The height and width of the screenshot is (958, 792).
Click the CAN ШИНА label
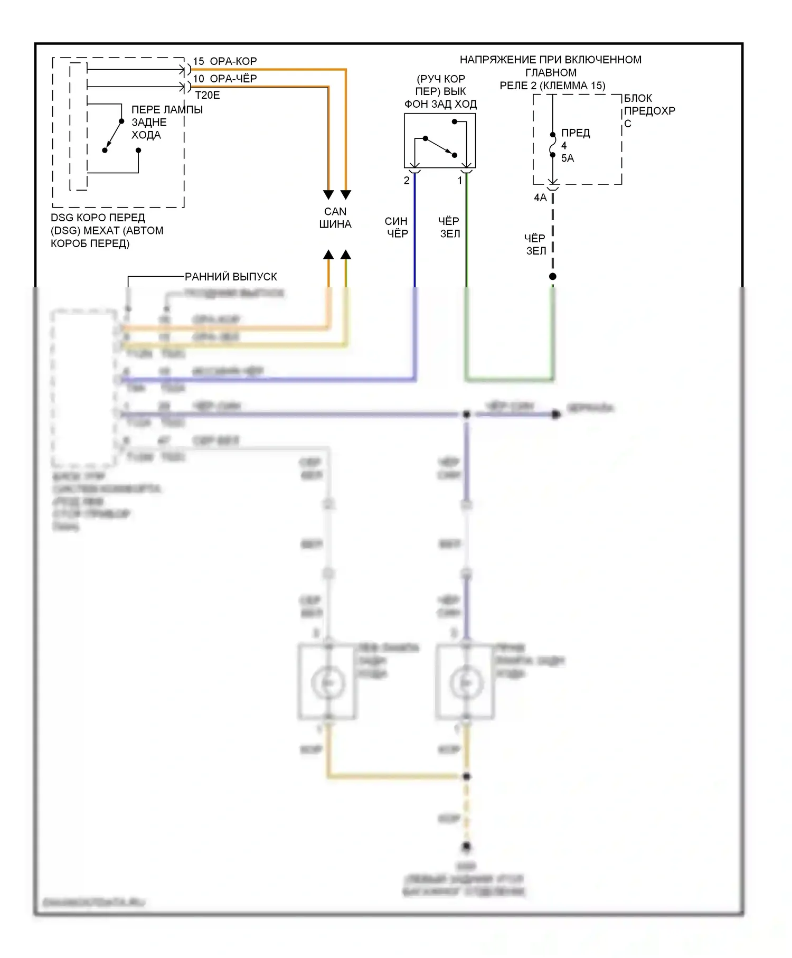pos(335,218)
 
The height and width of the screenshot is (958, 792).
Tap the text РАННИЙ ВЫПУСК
pos(231,277)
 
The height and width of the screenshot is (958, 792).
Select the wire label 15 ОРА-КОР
pos(225,61)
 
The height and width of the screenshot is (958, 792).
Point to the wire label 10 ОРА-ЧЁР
pos(225,79)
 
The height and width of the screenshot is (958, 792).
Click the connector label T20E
pos(208,96)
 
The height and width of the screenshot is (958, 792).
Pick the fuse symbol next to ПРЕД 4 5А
pos(553,144)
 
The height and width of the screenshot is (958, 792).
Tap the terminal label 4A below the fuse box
pos(540,198)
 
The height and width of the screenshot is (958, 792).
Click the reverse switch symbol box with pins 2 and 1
pos(440,140)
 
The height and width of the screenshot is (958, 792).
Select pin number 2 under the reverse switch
pos(407,181)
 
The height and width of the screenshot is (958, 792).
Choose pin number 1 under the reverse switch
pos(460,181)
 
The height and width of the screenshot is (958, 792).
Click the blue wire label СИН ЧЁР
pos(397,227)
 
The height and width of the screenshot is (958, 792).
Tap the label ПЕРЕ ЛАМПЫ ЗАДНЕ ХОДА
pos(166,122)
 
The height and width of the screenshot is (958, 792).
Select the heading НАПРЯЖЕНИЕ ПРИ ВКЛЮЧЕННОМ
pos(551,60)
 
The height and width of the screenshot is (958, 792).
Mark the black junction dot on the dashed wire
pos(553,276)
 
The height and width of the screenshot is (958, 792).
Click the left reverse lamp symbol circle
pos(328,683)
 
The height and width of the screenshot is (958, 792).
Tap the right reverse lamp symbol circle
pos(466,683)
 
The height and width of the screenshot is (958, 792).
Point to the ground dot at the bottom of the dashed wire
pos(466,847)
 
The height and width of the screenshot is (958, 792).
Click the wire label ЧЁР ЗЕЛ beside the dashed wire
pos(535,245)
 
